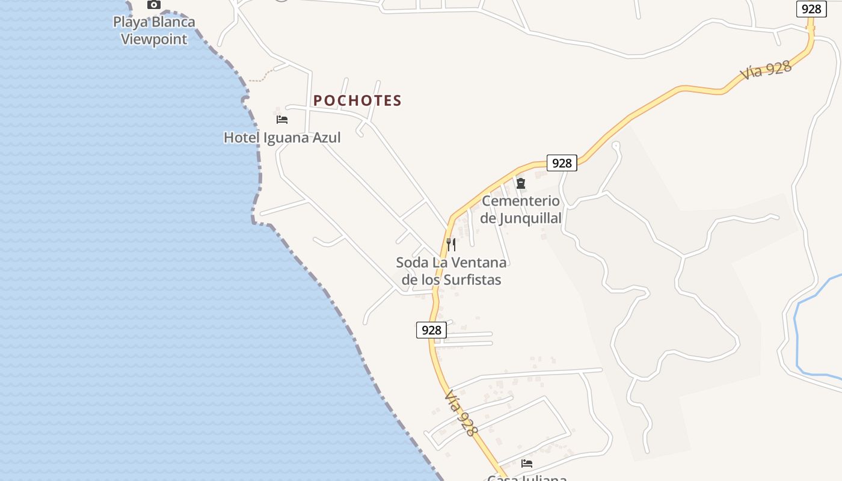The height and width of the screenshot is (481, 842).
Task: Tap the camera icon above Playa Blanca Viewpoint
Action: tap(154, 5)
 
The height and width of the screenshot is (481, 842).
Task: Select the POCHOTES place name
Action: tap(357, 100)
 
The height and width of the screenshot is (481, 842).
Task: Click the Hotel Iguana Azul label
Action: tap(282, 138)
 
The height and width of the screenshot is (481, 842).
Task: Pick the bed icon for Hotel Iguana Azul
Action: tap(282, 120)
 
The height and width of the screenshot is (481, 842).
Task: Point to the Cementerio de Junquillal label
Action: tap(521, 209)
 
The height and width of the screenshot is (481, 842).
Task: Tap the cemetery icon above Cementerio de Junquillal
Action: tap(521, 183)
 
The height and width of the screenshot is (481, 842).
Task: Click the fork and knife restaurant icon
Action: tap(451, 245)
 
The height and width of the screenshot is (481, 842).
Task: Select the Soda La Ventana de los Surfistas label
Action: tap(451, 271)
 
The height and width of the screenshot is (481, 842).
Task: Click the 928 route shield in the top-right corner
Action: tap(811, 9)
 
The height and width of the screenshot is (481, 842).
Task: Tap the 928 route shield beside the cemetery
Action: tap(562, 163)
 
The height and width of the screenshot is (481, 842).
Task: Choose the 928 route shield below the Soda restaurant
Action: tap(431, 330)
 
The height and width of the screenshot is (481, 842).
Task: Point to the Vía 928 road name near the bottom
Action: tap(461, 414)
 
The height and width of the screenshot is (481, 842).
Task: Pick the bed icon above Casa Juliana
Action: tap(527, 464)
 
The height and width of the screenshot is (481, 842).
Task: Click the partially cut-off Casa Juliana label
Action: tap(527, 478)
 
